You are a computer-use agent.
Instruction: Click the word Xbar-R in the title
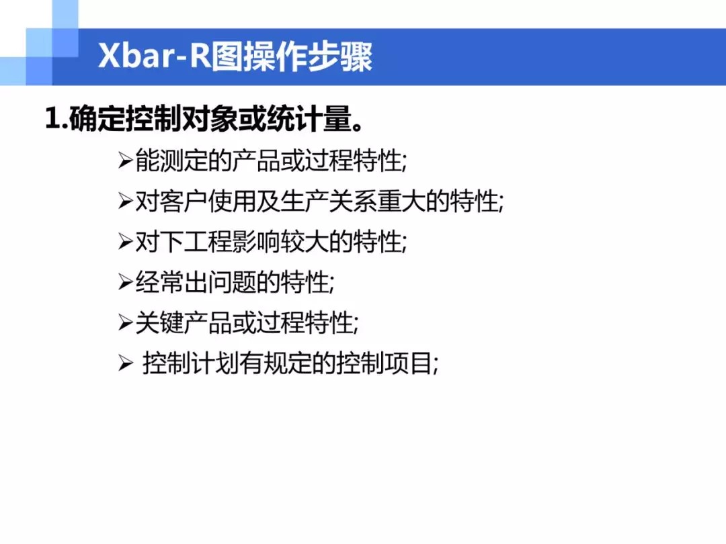click(x=154, y=56)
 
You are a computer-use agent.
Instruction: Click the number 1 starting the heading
click(x=53, y=118)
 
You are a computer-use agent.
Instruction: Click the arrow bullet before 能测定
click(x=126, y=161)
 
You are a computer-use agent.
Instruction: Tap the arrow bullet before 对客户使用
click(x=126, y=201)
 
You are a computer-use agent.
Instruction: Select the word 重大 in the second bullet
click(x=402, y=201)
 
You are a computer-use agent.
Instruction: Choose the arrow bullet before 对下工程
click(x=126, y=242)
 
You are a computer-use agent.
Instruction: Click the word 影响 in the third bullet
click(x=256, y=242)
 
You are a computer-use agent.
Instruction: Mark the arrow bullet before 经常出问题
click(x=126, y=281)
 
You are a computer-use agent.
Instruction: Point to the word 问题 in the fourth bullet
click(x=232, y=281)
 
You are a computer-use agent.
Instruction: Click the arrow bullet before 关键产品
click(x=126, y=322)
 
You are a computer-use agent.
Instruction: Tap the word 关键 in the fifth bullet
click(x=159, y=322)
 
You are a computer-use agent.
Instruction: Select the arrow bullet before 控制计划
click(x=126, y=363)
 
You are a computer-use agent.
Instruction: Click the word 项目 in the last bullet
click(x=409, y=363)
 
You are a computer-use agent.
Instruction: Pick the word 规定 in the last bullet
click(x=288, y=363)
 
